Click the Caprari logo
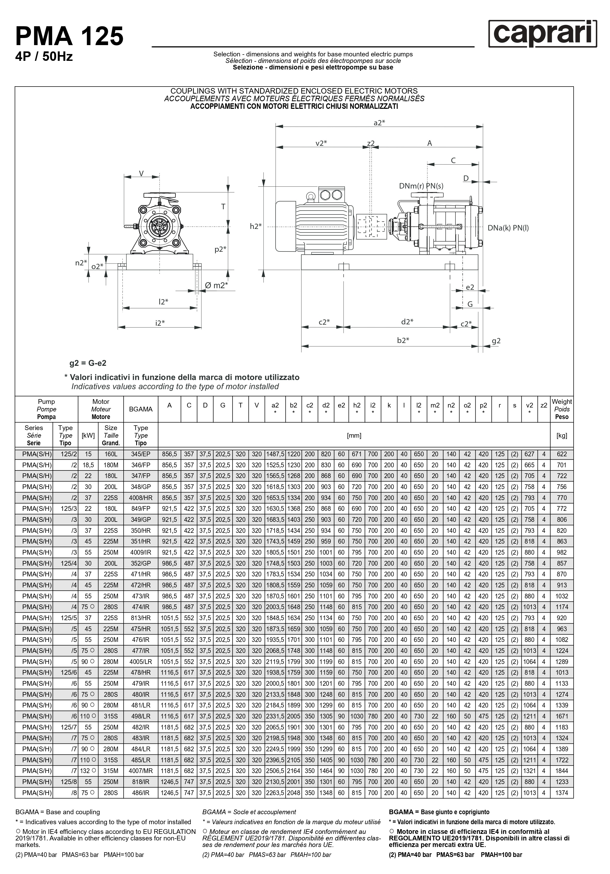tap(542, 34)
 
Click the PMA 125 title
tap(70, 36)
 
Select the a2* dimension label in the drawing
tap(379, 122)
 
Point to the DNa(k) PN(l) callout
tap(508, 228)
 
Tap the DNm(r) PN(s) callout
tap(421, 186)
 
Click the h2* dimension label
tap(256, 227)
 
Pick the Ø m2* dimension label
tap(216, 285)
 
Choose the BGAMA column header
tap(141, 409)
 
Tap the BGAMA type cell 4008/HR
tap(141, 498)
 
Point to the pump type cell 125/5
tap(69, 618)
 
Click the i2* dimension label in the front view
tap(160, 323)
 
